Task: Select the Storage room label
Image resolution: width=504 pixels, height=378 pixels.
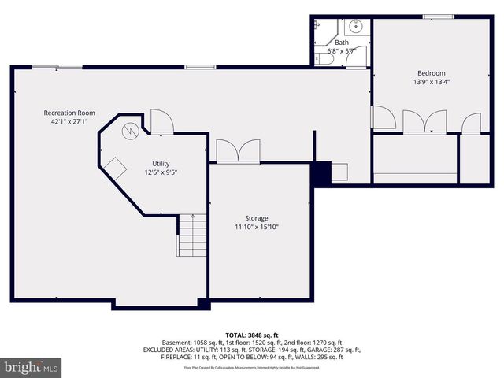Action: (x=256, y=218)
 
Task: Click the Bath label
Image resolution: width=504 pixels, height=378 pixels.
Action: (x=342, y=43)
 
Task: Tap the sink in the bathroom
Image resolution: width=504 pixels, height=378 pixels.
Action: (x=357, y=26)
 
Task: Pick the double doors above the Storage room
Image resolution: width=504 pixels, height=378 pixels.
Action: (x=237, y=151)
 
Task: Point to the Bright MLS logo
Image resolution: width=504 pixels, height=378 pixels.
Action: (x=31, y=367)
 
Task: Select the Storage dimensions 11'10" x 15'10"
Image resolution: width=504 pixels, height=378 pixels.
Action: (x=256, y=227)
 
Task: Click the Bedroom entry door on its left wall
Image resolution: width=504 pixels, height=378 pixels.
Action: (x=383, y=120)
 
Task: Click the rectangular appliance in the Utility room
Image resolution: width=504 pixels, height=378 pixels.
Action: (x=117, y=169)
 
